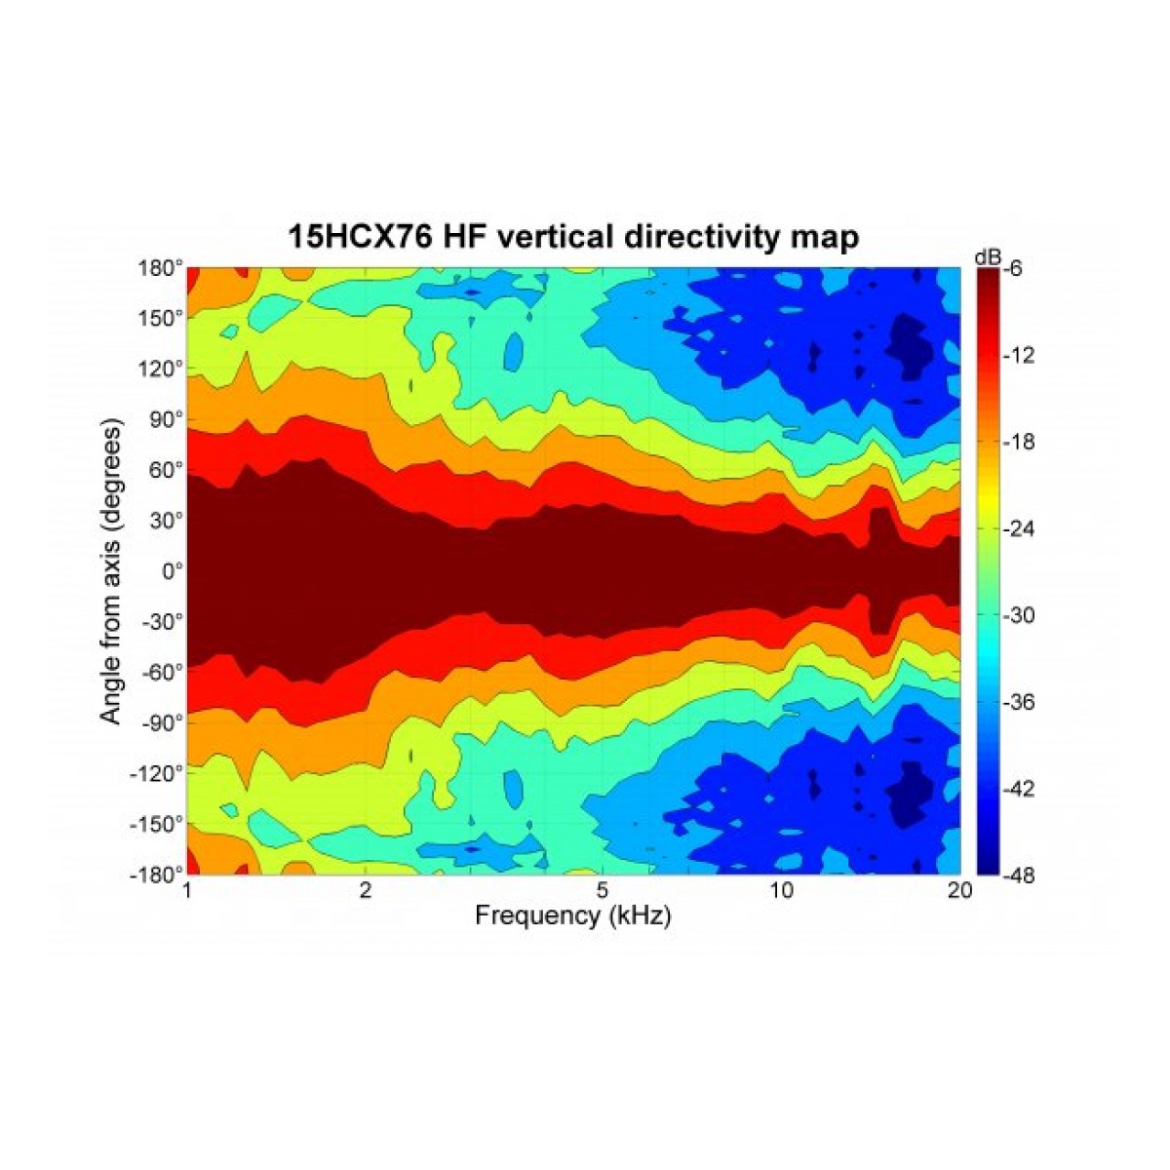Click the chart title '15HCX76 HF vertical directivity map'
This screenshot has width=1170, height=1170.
[573, 236]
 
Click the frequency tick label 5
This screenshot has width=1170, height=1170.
[603, 891]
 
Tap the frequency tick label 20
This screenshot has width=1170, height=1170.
[959, 891]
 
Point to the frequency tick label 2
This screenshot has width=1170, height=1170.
[365, 891]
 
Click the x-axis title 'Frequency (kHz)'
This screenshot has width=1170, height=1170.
[573, 916]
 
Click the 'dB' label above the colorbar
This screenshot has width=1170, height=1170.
[987, 256]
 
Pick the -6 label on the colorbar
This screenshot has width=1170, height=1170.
[1010, 270]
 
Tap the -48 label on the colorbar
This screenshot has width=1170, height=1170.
[1010, 875]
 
